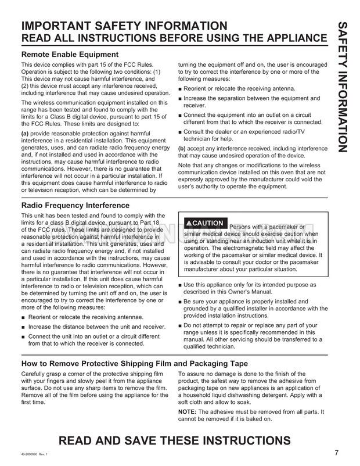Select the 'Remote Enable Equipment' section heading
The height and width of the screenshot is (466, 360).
[x=69, y=55]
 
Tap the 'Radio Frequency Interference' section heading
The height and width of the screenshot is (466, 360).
[x=75, y=205]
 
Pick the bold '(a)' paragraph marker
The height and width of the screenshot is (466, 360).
[x=26, y=134]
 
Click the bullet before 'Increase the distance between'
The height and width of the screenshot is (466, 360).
[x=23, y=328]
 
